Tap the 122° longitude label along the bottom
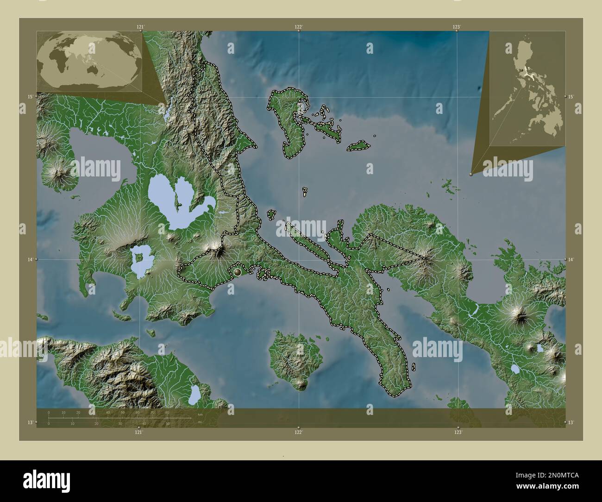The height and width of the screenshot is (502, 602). coord(299,432)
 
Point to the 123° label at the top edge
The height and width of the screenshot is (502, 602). coord(457,27)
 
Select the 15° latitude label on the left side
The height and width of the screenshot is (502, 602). coord(30,96)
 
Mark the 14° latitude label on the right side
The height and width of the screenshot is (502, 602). coord(571,260)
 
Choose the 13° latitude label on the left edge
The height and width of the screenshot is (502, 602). coord(30,422)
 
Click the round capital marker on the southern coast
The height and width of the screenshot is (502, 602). coord(238,272)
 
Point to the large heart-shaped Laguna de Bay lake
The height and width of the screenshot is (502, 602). coord(174,204)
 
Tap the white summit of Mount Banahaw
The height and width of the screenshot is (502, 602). coord(217,252)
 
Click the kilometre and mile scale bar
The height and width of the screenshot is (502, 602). coord(119,418)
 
